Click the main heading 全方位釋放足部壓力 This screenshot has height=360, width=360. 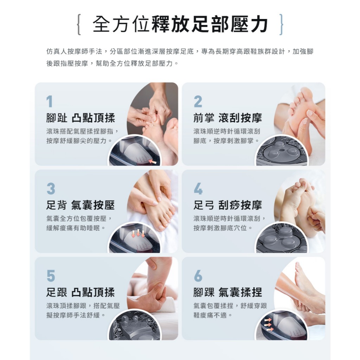coord(180,24)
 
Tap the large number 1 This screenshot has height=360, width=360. coord(50,102)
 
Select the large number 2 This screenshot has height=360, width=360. coord(198,102)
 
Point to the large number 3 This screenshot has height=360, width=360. coord(51,188)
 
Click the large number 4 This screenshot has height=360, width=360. coord(198,188)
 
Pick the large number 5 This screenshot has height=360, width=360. coord(51,276)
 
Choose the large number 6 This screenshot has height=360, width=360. coord(198,276)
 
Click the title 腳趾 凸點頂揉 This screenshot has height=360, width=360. coord(81,118)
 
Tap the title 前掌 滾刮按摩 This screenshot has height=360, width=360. coord(227,118)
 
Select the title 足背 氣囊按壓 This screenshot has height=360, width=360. coord(81,205)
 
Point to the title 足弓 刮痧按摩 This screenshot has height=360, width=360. coord(227,205)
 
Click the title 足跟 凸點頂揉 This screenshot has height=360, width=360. coord(81,292)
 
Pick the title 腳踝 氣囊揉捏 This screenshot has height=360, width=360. coord(227,292)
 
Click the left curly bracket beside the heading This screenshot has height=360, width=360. coord(79,25)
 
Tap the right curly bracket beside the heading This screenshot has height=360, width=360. coord(281,25)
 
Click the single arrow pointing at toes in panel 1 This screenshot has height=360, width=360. coord(152,161)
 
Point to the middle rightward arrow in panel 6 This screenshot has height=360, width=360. coord(268,325)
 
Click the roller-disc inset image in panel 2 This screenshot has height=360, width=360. coord(282,150)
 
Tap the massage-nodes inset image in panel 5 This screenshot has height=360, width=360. coord(135,325)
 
